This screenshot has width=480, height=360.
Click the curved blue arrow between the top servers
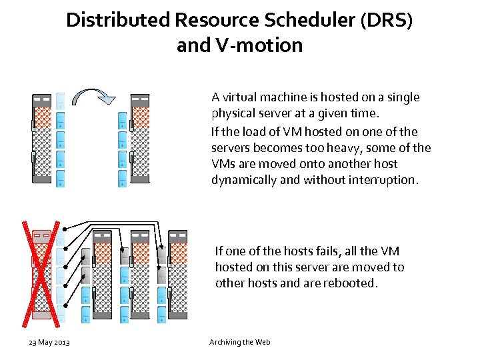coord(92,98)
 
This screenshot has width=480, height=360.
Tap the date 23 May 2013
coord(49,342)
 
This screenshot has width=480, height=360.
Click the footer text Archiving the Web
coord(239,342)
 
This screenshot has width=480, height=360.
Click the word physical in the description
coord(233,113)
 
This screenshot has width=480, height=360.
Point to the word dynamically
coord(243,180)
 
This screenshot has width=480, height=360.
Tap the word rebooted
coord(353,283)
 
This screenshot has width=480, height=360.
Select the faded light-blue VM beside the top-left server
coord(61,101)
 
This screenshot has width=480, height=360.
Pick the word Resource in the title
coord(217,20)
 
